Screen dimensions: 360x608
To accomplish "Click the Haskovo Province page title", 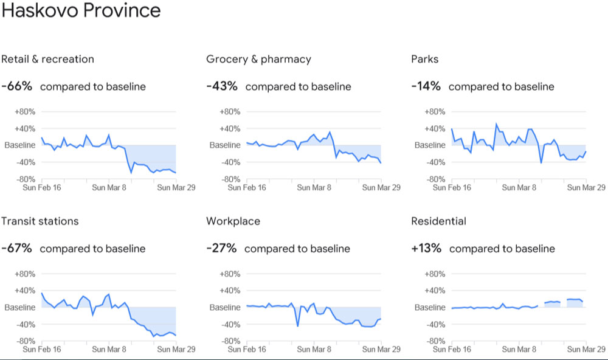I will (x=81, y=10).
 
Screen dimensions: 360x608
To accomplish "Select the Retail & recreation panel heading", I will (x=47, y=59).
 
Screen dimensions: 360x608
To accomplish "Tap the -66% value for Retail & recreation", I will (x=16, y=86).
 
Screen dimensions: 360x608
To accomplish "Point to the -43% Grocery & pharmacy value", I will (x=222, y=86).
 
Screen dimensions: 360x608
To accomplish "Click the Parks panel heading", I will (x=424, y=59).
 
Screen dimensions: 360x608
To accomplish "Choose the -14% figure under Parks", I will (x=426, y=86).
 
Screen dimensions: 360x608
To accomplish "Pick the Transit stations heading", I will (x=40, y=221).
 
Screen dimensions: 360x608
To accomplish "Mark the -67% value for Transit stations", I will (x=16, y=248).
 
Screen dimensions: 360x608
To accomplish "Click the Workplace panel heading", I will (x=233, y=221).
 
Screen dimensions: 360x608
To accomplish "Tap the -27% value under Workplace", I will (x=221, y=248).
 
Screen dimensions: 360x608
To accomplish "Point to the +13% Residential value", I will (x=426, y=248).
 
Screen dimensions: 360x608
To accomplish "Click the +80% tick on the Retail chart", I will (x=24, y=111).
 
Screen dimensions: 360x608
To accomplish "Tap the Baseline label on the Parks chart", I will (x=430, y=145).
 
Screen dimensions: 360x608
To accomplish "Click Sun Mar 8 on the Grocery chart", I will (x=314, y=187).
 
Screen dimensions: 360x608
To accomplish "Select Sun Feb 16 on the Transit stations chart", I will (x=41, y=350).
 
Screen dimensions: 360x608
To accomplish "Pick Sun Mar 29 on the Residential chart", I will (x=586, y=350).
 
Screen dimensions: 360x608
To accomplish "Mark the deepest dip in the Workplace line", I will (x=298, y=326).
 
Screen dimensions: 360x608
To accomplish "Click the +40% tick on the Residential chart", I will (x=434, y=291).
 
